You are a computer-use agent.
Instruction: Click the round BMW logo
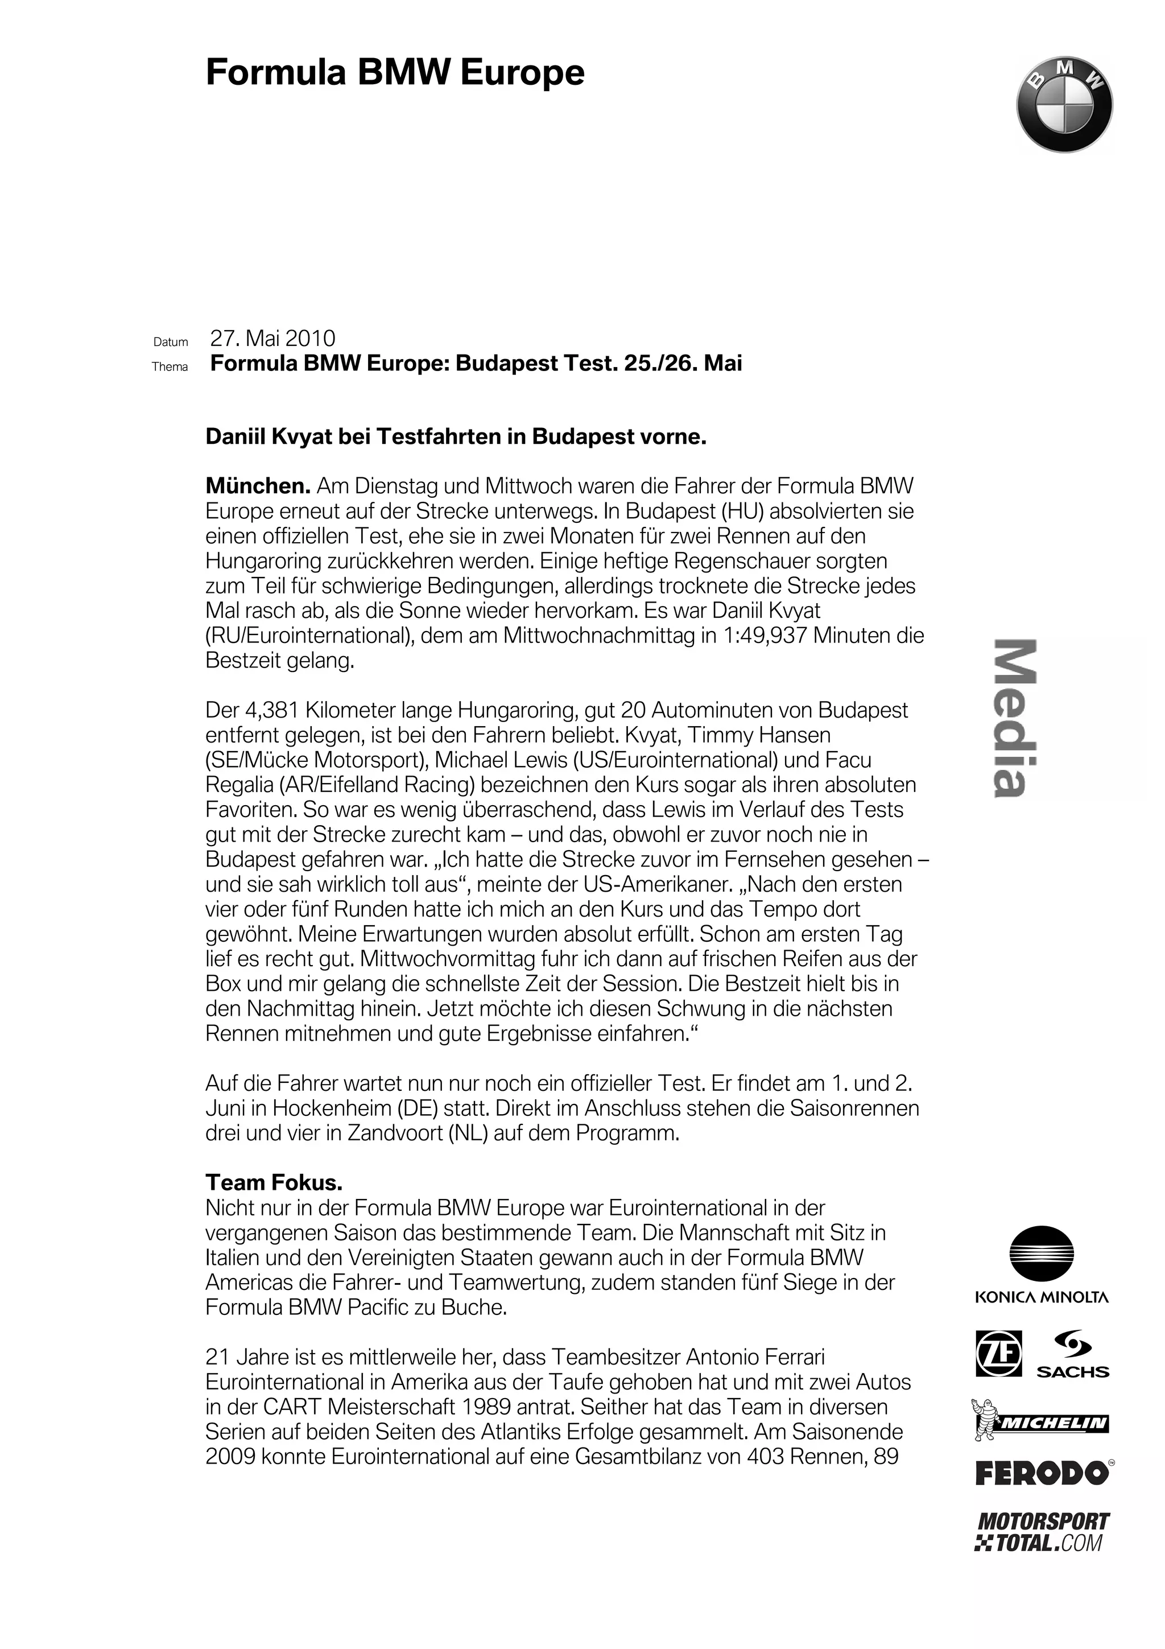(x=1064, y=105)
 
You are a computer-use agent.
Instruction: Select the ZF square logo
(x=998, y=1354)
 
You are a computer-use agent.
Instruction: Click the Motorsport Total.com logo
(x=1042, y=1532)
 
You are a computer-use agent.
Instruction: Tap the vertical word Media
(x=1014, y=718)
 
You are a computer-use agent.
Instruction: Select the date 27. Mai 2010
(x=273, y=338)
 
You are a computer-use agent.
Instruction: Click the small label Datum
(x=171, y=343)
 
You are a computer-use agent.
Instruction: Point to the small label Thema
(x=170, y=367)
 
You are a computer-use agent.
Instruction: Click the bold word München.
(x=258, y=487)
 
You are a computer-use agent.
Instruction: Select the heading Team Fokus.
(x=274, y=1182)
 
